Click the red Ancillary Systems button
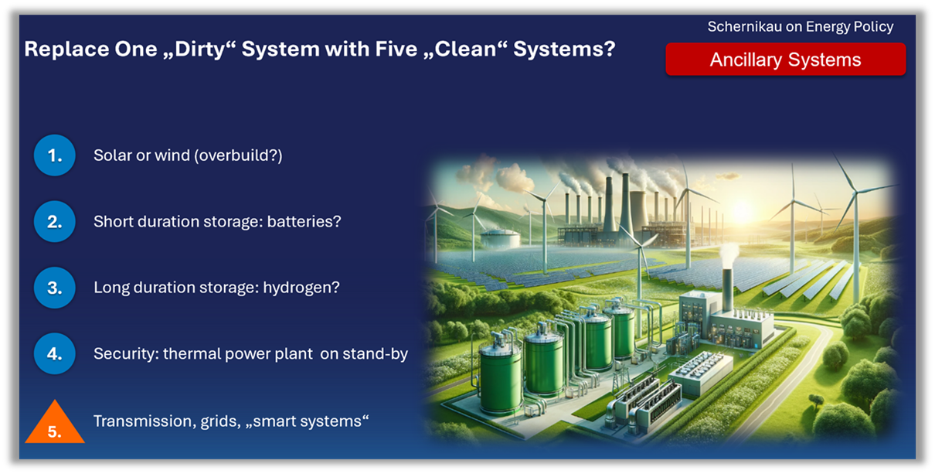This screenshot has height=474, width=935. coord(786,60)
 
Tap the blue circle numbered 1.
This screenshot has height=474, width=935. coord(55,155)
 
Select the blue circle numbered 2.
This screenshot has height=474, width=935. coord(55,221)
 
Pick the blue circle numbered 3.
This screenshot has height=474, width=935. coord(55,288)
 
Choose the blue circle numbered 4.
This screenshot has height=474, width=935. coord(55,353)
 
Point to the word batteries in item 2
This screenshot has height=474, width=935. coord(304,221)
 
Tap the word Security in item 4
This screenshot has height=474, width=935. coord(126,354)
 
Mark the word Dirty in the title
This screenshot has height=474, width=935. coord(199,49)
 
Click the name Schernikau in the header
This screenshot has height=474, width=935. coord(745,27)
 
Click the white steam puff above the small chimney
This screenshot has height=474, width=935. coord(728,256)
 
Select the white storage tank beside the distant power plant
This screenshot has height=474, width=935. coord(500,238)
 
